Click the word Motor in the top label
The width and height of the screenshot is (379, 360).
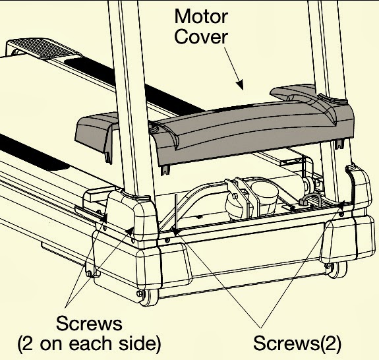201,16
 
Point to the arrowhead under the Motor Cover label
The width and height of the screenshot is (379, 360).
240,84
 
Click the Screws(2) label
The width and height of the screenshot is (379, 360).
297,343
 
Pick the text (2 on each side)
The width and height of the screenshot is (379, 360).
89,344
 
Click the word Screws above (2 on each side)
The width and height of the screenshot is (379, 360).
89,324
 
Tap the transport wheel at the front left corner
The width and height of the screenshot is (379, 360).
148,297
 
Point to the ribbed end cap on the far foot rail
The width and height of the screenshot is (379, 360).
44,48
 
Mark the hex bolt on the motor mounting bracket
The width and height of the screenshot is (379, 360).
234,196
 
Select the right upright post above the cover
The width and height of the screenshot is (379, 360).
328,48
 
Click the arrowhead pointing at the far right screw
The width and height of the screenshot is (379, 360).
341,205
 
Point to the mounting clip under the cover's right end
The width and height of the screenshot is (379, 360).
339,144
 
